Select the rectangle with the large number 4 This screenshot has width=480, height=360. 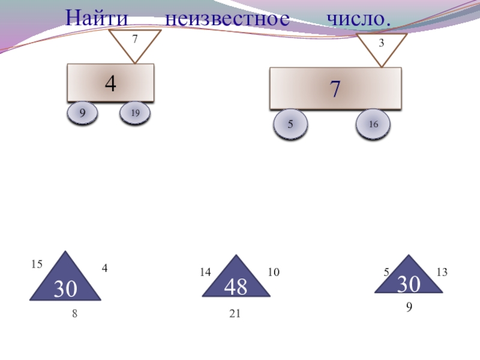[110, 83]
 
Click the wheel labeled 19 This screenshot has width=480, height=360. [135, 113]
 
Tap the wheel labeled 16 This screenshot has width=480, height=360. [373, 125]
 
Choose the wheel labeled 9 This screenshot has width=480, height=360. [82, 112]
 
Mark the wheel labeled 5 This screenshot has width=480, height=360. [290, 125]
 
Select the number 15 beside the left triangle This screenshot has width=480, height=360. [37, 264]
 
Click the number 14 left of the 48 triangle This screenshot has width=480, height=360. [206, 272]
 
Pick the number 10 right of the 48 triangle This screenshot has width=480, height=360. [274, 272]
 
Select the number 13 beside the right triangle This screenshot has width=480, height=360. [442, 272]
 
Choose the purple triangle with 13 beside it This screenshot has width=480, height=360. [409, 278]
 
